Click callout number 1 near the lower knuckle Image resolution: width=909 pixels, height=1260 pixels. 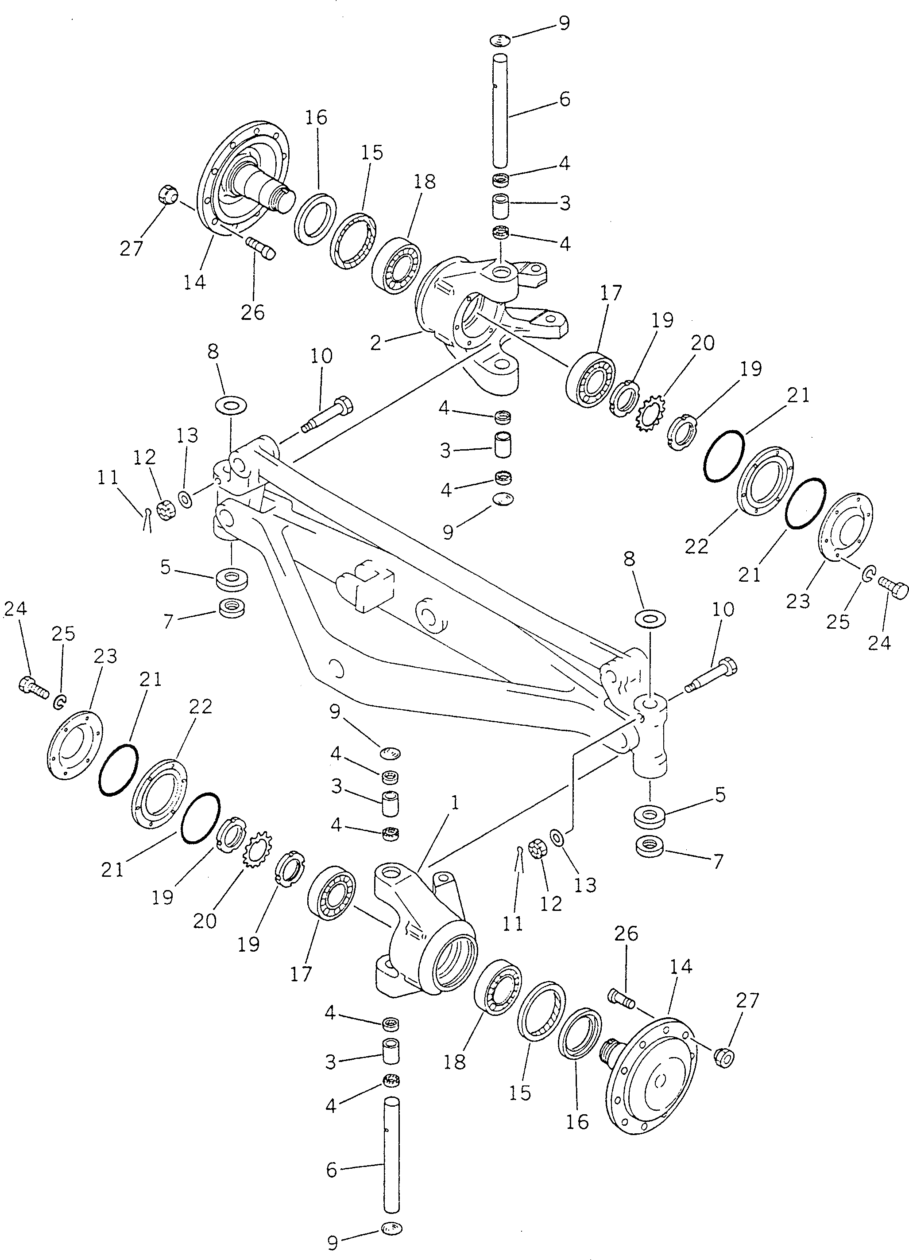coord(454,803)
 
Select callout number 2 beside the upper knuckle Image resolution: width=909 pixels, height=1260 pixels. coord(376,343)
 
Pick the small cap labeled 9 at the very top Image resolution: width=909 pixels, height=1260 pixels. coord(500,40)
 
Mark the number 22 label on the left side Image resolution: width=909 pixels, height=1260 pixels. coord(201,707)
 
